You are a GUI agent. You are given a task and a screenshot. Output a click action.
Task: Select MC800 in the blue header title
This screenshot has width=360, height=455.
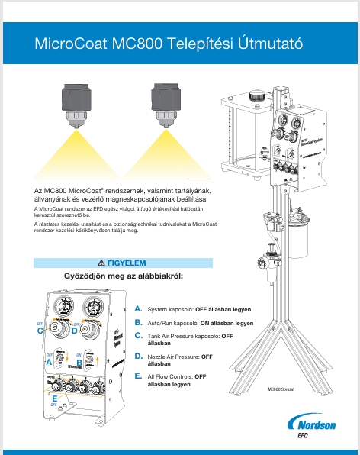[x=138, y=44]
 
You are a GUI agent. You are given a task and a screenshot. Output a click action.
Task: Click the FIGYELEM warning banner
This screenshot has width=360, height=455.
[x=121, y=263]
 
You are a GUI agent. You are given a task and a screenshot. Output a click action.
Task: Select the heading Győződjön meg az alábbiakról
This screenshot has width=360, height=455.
[x=122, y=275]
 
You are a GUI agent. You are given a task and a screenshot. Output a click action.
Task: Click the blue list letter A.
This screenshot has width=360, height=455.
[x=138, y=309]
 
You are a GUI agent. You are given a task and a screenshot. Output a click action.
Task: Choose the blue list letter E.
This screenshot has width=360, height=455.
[x=138, y=376]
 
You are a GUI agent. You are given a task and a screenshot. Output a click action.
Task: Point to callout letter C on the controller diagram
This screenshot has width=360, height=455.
[x=40, y=331]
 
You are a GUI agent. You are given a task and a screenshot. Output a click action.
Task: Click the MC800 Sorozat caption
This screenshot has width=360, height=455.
[x=281, y=389]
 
